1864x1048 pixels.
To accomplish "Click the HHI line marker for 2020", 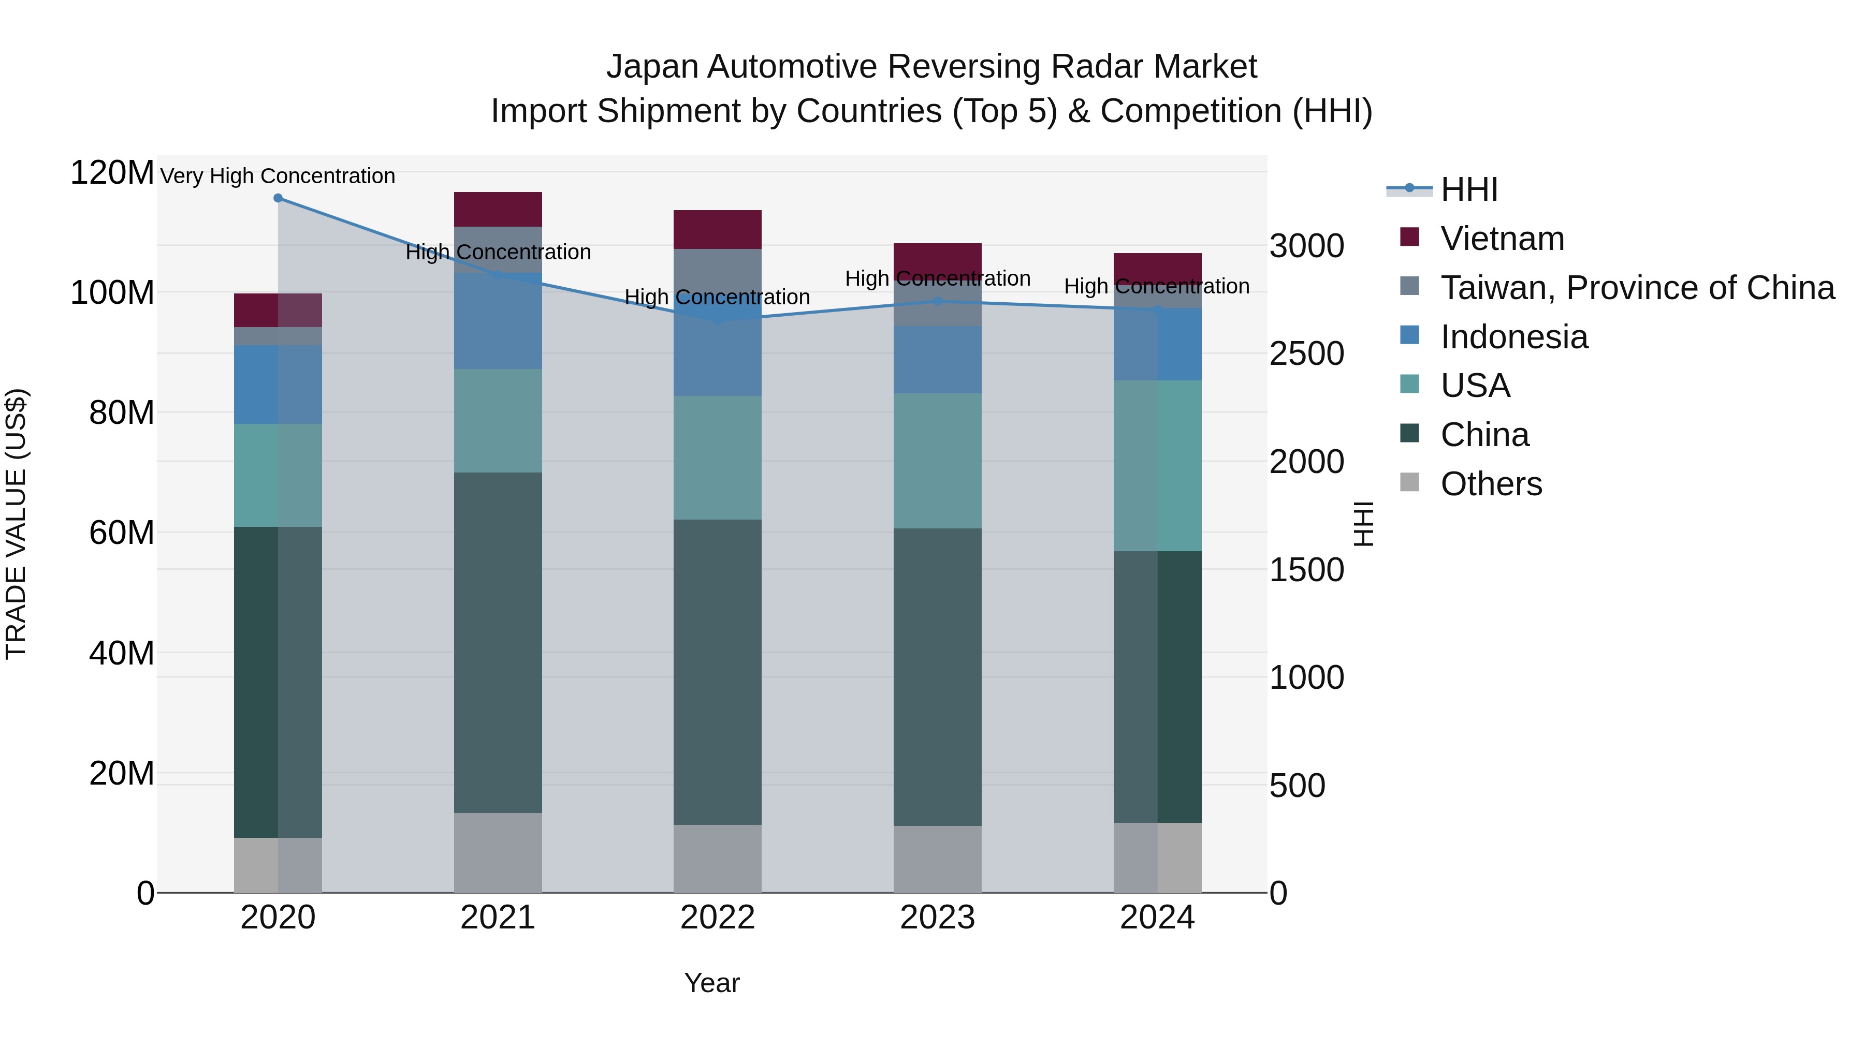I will click(x=278, y=198).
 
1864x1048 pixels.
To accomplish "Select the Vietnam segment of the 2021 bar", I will click(x=498, y=210).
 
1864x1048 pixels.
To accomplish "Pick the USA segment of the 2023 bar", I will click(x=937, y=461).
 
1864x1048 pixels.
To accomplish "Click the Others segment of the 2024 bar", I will click(x=1157, y=857).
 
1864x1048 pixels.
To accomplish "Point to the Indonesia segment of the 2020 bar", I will click(x=278, y=384).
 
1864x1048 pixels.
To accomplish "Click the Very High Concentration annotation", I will click(x=278, y=176).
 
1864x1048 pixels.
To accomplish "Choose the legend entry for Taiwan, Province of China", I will click(x=1637, y=288).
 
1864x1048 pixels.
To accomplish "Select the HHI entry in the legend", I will click(x=1469, y=189).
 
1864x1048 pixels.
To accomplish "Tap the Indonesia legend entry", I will click(x=1514, y=337).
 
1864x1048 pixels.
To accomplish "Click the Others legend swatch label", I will click(x=1491, y=484).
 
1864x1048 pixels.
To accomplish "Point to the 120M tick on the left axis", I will click(x=112, y=173).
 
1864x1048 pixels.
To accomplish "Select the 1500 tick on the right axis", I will click(x=1306, y=570).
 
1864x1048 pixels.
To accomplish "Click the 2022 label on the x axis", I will click(x=717, y=918).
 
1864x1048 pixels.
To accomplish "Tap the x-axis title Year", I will click(x=712, y=983).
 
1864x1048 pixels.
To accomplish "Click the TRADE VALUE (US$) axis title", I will click(x=16, y=524).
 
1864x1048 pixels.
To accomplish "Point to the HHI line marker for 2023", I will click(x=937, y=301).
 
